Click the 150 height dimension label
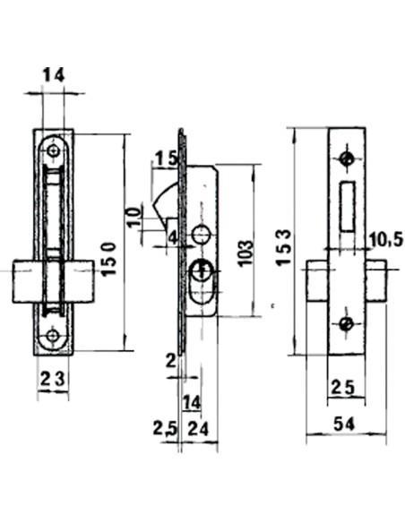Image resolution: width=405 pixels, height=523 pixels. (109, 259)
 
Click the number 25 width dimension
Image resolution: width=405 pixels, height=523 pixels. (343, 389)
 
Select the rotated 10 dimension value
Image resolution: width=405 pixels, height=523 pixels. (134, 216)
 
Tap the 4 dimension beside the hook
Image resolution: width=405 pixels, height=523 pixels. (171, 237)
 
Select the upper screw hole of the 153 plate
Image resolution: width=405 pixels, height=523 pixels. (348, 159)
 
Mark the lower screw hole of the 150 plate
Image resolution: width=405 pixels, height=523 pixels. (52, 335)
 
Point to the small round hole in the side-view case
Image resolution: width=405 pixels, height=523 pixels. (202, 235)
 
